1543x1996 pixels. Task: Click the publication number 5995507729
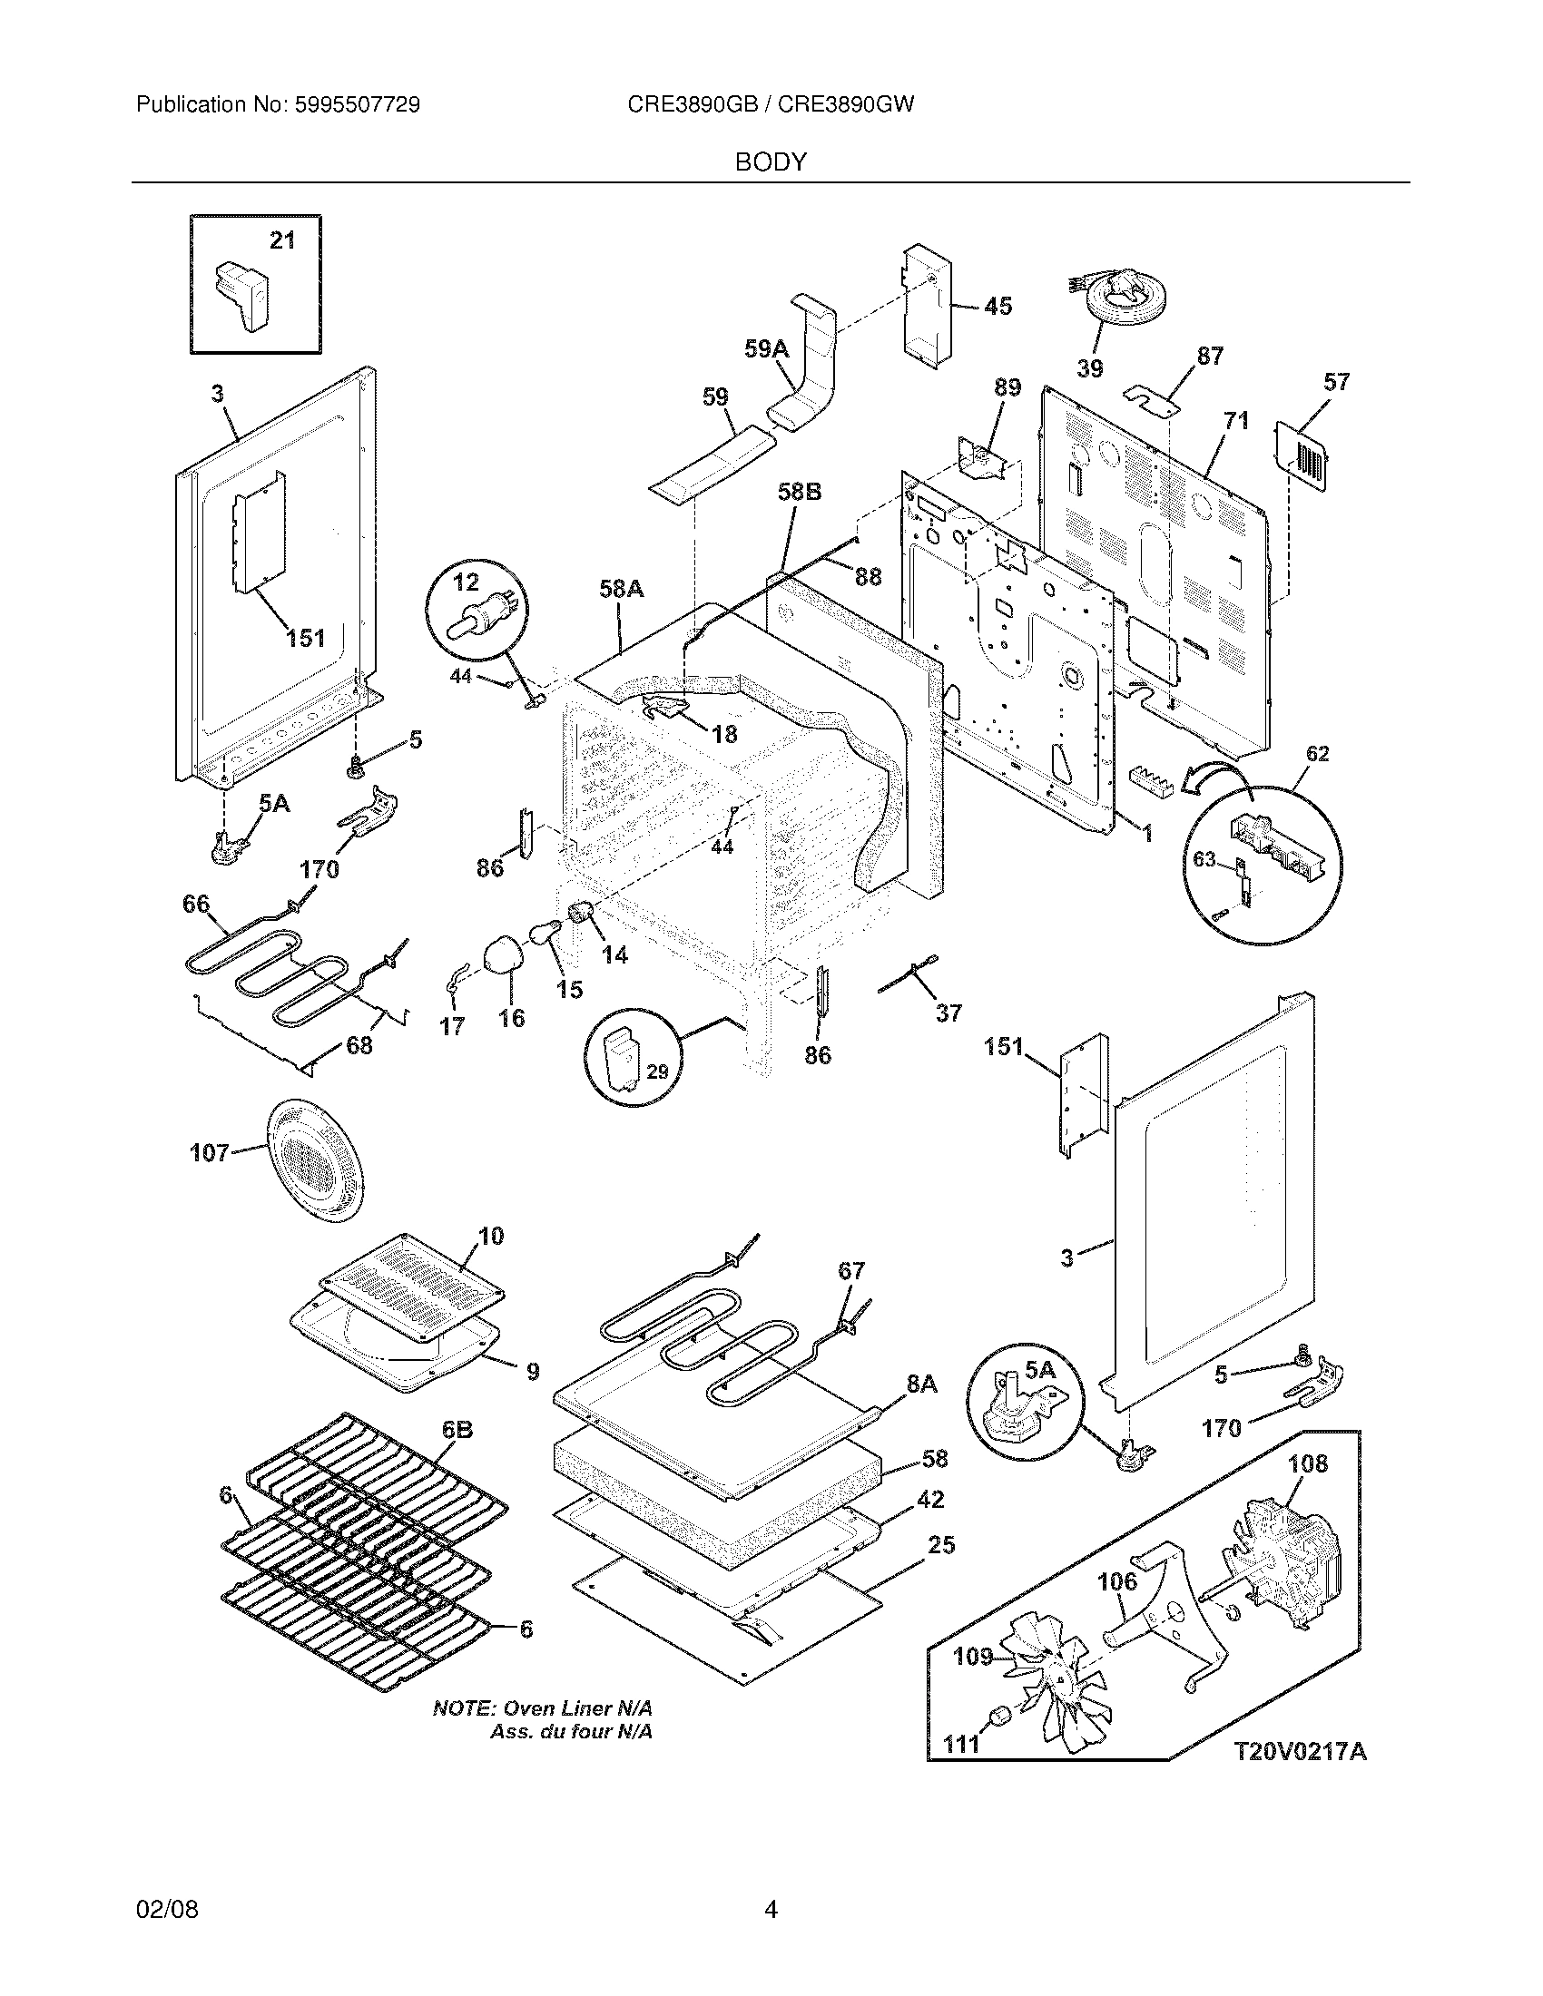click(x=357, y=104)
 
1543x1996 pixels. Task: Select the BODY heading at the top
click(x=771, y=161)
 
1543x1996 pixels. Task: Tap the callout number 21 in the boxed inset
click(x=282, y=240)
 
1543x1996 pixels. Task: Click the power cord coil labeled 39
click(x=1119, y=306)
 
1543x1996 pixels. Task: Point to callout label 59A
click(x=766, y=348)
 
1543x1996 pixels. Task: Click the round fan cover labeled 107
click(x=313, y=1159)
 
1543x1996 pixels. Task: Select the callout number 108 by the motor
click(x=1307, y=1463)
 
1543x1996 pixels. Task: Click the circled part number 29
click(x=657, y=1072)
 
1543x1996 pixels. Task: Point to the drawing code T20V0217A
click(x=1300, y=1751)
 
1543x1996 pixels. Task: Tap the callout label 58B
click(x=800, y=492)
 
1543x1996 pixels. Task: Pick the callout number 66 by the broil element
click(x=196, y=903)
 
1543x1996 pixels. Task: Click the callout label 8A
click(x=922, y=1384)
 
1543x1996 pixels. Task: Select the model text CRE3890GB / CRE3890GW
click(x=771, y=104)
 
